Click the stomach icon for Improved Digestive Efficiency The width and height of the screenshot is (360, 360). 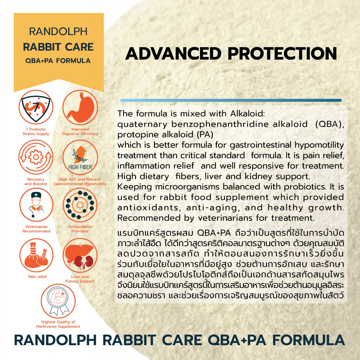(80, 108)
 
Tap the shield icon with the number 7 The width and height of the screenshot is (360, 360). (36, 107)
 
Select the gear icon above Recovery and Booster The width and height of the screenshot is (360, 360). (36, 157)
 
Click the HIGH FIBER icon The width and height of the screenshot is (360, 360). (80, 157)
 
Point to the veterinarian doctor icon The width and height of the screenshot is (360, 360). (36, 205)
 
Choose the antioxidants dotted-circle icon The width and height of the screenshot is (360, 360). (80, 205)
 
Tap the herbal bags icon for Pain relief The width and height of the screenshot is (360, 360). (36, 255)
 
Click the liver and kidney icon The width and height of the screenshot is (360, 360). (80, 255)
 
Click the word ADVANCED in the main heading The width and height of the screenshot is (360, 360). (173, 53)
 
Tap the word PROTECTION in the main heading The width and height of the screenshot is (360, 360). (282, 53)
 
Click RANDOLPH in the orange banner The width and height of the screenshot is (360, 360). (58, 31)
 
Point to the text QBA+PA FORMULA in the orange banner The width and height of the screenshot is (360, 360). (58, 60)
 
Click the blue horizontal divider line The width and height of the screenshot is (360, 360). (231, 100)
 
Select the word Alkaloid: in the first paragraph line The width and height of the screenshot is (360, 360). (247, 114)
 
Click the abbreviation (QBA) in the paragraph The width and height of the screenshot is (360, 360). (330, 124)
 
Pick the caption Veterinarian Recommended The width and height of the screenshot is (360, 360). (36, 229)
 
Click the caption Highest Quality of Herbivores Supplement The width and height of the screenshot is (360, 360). (58, 324)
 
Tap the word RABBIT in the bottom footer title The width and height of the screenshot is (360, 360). (129, 340)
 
